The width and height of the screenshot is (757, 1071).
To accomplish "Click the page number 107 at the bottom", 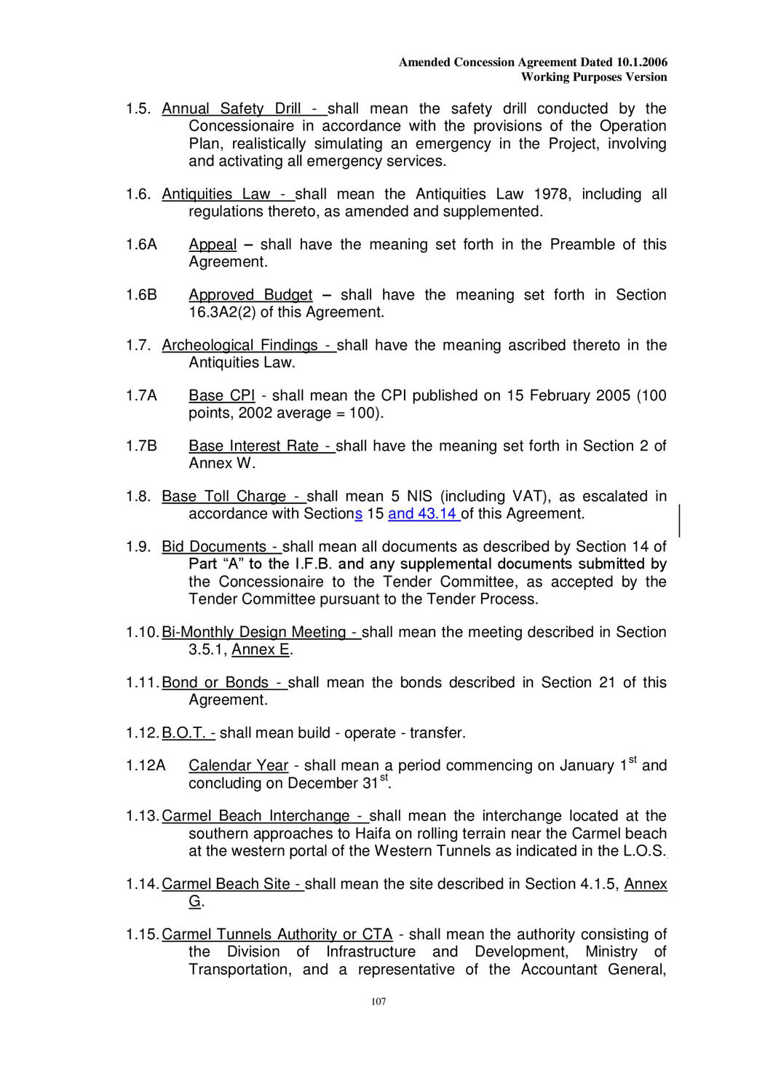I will [x=378, y=1002].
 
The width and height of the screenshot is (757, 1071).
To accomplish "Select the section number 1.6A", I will [x=141, y=245].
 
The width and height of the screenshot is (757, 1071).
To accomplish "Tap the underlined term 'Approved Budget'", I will [x=250, y=295].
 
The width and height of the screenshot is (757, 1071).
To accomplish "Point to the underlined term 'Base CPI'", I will [x=221, y=396].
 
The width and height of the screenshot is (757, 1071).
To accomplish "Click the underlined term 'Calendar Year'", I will [x=238, y=766].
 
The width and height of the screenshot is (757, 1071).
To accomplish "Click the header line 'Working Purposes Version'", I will [x=594, y=77].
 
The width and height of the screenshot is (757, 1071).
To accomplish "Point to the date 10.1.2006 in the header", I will [x=641, y=63].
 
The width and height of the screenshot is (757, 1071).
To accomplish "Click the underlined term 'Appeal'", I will [x=213, y=245].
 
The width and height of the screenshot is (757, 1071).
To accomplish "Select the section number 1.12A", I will [x=146, y=766].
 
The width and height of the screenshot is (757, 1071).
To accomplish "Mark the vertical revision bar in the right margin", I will [x=679, y=520].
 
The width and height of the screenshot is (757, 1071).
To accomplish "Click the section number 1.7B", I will [x=141, y=446].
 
